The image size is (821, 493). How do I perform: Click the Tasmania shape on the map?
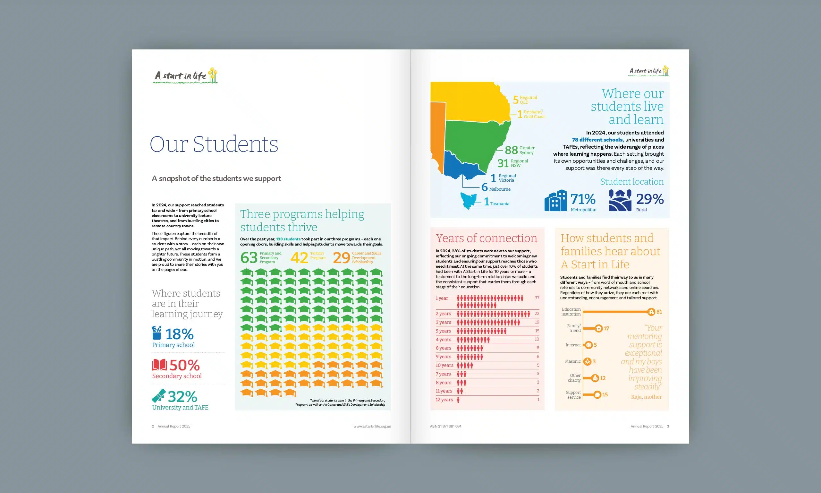point(468,201)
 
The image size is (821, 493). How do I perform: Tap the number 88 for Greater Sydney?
point(511,150)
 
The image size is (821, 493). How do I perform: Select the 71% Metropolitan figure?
point(583,199)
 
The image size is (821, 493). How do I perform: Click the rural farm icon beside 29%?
point(620,200)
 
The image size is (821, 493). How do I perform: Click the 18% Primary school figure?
point(179,334)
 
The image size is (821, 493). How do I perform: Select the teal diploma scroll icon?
point(159,396)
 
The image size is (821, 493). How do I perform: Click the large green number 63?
point(249,258)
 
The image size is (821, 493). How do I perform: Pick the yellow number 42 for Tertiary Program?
point(299,258)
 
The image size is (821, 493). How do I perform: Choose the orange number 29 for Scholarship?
point(341,258)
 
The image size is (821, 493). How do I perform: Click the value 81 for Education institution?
point(659,312)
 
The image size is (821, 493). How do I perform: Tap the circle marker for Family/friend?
point(598,329)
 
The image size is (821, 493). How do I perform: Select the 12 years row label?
point(444,400)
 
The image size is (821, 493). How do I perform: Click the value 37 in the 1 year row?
point(537,298)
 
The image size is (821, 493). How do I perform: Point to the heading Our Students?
point(214,144)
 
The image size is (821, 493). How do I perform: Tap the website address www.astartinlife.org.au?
point(372,426)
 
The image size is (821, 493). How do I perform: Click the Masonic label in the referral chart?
point(573,361)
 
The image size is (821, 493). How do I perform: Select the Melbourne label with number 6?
point(496,188)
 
